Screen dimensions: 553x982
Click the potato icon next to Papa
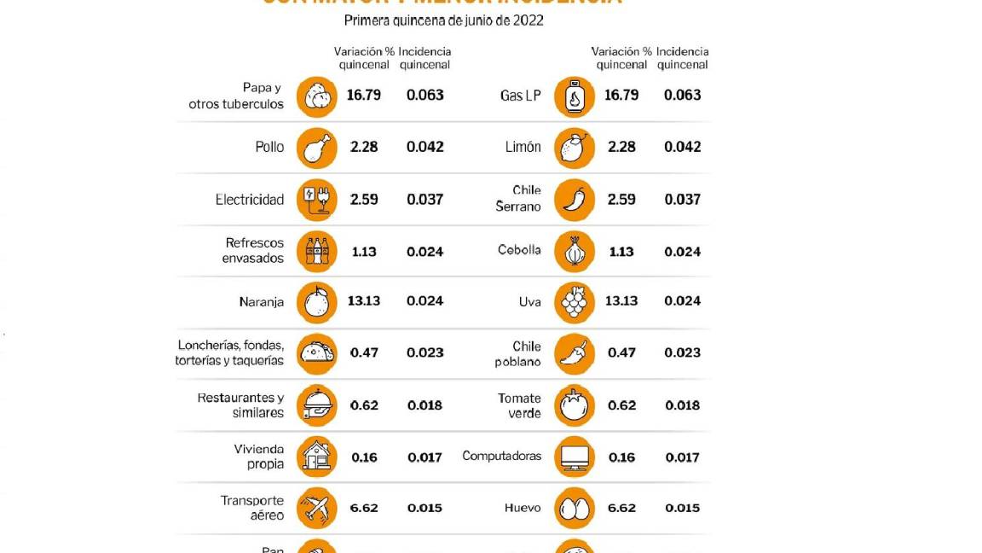click(317, 96)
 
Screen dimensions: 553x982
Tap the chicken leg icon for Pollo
click(317, 148)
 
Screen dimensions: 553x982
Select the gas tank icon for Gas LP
click(575, 96)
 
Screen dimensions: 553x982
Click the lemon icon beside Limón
click(575, 148)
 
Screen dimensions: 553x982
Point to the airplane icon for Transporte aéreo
click(317, 509)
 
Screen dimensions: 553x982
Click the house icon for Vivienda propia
click(317, 457)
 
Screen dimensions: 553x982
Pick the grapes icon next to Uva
click(575, 302)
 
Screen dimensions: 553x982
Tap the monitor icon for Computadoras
click(575, 457)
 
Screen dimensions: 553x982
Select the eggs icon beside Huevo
click(575, 509)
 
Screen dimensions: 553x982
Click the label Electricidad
click(249, 200)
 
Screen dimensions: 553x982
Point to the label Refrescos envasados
click(253, 251)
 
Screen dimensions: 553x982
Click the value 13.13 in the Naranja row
click(364, 301)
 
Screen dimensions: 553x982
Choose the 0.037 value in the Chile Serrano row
click(682, 200)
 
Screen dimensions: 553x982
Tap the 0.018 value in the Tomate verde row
click(682, 405)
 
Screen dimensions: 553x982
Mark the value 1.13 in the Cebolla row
click(621, 252)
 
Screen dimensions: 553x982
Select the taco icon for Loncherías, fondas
click(317, 353)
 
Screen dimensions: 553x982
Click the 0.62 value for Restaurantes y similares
click(364, 405)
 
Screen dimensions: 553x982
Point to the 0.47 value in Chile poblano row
click(621, 352)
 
